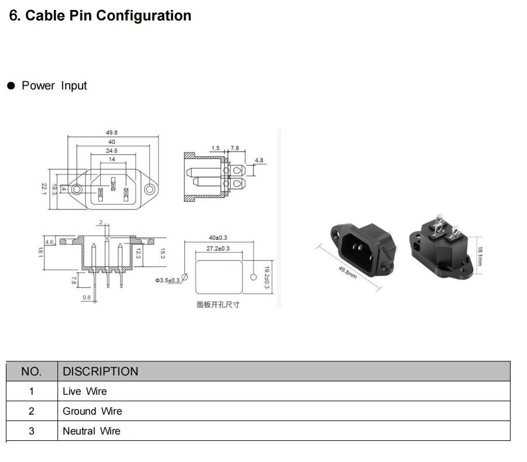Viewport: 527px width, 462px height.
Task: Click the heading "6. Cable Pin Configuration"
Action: (x=100, y=16)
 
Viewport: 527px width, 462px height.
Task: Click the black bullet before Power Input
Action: (x=11, y=85)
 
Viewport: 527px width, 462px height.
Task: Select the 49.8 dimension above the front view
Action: (x=112, y=133)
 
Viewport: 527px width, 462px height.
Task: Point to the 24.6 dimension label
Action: (x=112, y=151)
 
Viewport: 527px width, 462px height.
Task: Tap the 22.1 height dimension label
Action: (x=44, y=189)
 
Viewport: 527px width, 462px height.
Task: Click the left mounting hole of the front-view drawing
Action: (x=77, y=189)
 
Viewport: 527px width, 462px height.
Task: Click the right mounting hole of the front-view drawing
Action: (x=149, y=189)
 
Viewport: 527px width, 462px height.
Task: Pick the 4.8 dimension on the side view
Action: (x=259, y=160)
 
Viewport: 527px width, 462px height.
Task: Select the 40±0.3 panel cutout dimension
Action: (x=218, y=237)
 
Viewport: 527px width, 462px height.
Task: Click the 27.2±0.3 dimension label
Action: (x=218, y=249)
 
